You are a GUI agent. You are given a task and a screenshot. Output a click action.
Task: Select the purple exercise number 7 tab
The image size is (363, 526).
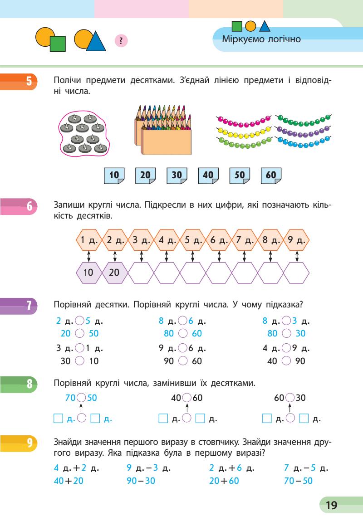20,306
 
